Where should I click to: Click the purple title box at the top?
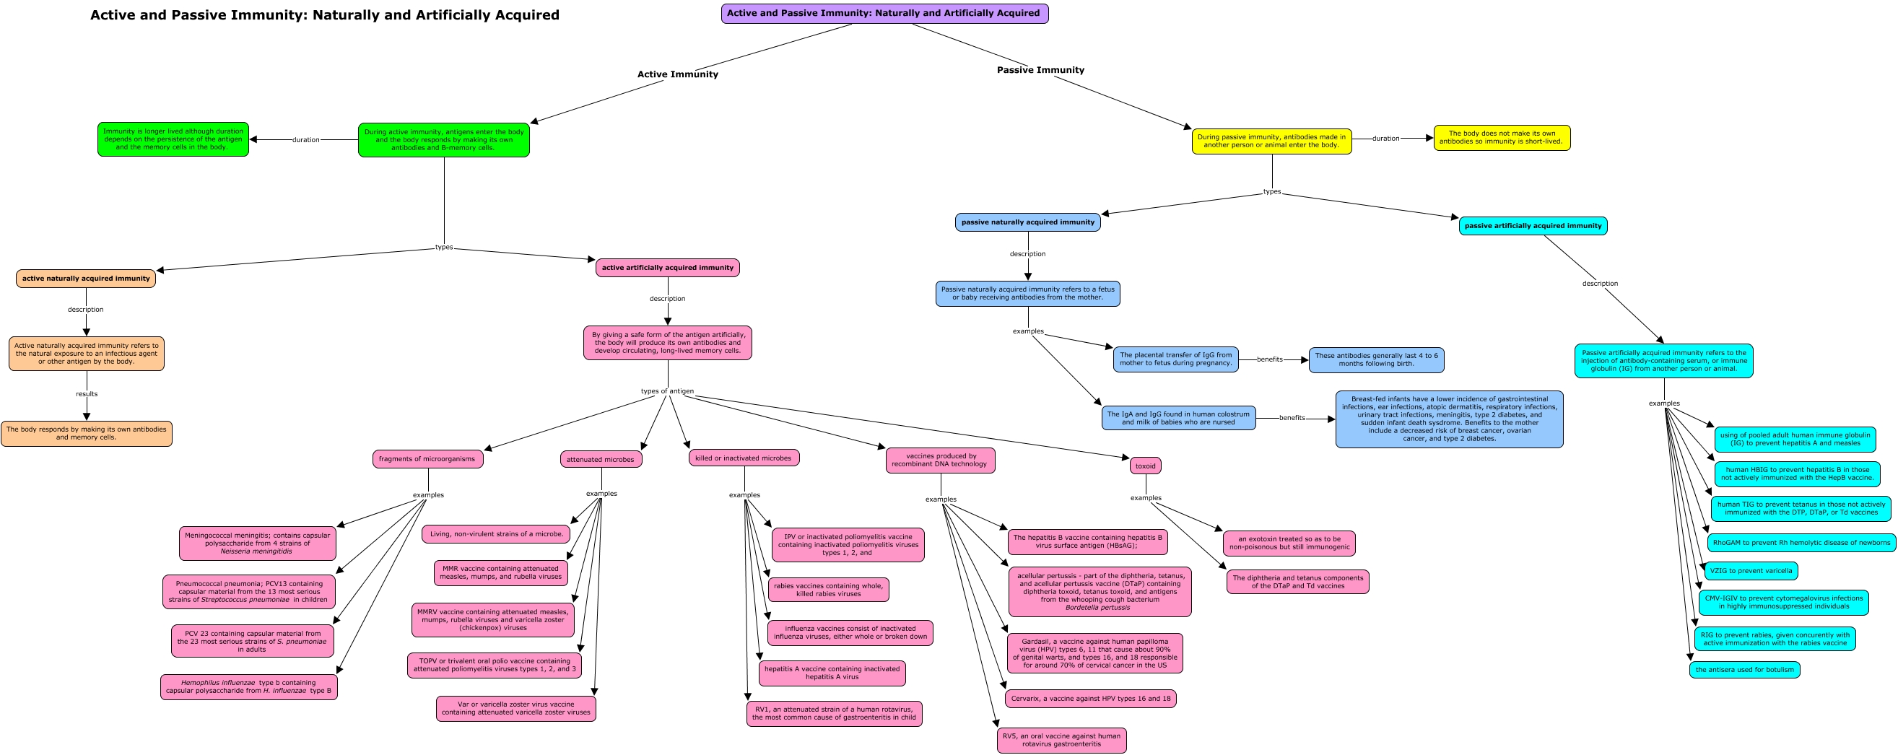(884, 13)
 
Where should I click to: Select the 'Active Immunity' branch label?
(677, 74)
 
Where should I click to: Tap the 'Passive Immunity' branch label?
(1040, 70)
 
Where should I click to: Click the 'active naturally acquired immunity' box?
(85, 279)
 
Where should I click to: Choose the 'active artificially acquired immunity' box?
(668, 267)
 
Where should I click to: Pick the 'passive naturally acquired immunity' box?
(1028, 222)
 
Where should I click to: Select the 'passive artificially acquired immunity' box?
(1533, 226)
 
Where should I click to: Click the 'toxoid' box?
(1146, 466)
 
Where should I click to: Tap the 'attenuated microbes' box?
(601, 460)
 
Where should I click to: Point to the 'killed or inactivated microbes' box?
(744, 458)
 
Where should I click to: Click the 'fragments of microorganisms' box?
(427, 459)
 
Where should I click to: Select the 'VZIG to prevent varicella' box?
(1751, 571)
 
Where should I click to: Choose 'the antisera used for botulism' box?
(1745, 670)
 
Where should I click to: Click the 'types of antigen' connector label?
(667, 391)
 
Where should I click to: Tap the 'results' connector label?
(86, 394)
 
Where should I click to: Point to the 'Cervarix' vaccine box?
(1090, 698)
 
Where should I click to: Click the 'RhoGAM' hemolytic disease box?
(1801, 543)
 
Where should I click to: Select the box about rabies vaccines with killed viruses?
(828, 590)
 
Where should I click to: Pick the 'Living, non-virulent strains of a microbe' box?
(496, 534)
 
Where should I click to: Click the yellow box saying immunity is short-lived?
(1502, 138)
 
